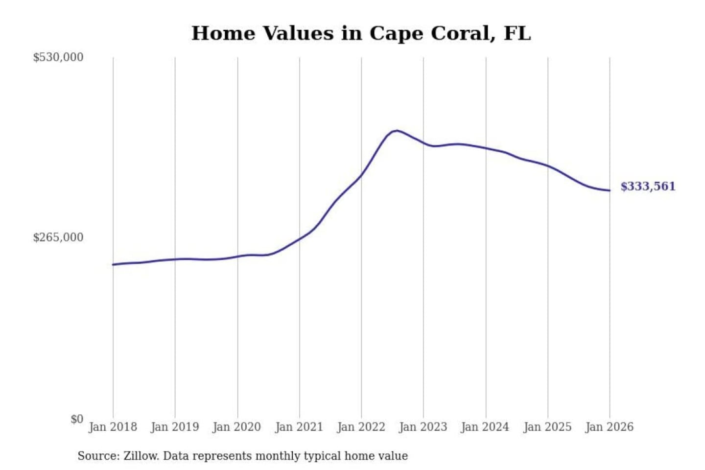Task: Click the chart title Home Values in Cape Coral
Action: point(361,33)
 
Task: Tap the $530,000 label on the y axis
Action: point(58,57)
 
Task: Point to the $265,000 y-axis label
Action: point(58,237)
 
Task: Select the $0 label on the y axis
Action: point(77,419)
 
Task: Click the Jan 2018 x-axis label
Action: point(113,427)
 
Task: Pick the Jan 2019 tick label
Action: point(175,427)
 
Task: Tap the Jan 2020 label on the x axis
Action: point(237,427)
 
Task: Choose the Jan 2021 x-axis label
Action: point(299,427)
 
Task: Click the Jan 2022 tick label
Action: point(361,427)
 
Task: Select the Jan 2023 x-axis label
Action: point(423,427)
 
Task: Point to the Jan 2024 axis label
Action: point(485,427)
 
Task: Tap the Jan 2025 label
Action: point(547,427)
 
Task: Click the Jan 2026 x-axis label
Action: point(610,427)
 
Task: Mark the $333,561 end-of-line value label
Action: point(648,187)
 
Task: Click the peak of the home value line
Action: point(397,131)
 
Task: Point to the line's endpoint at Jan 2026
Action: point(610,190)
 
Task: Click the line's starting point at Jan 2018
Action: point(113,264)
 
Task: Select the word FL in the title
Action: point(517,33)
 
